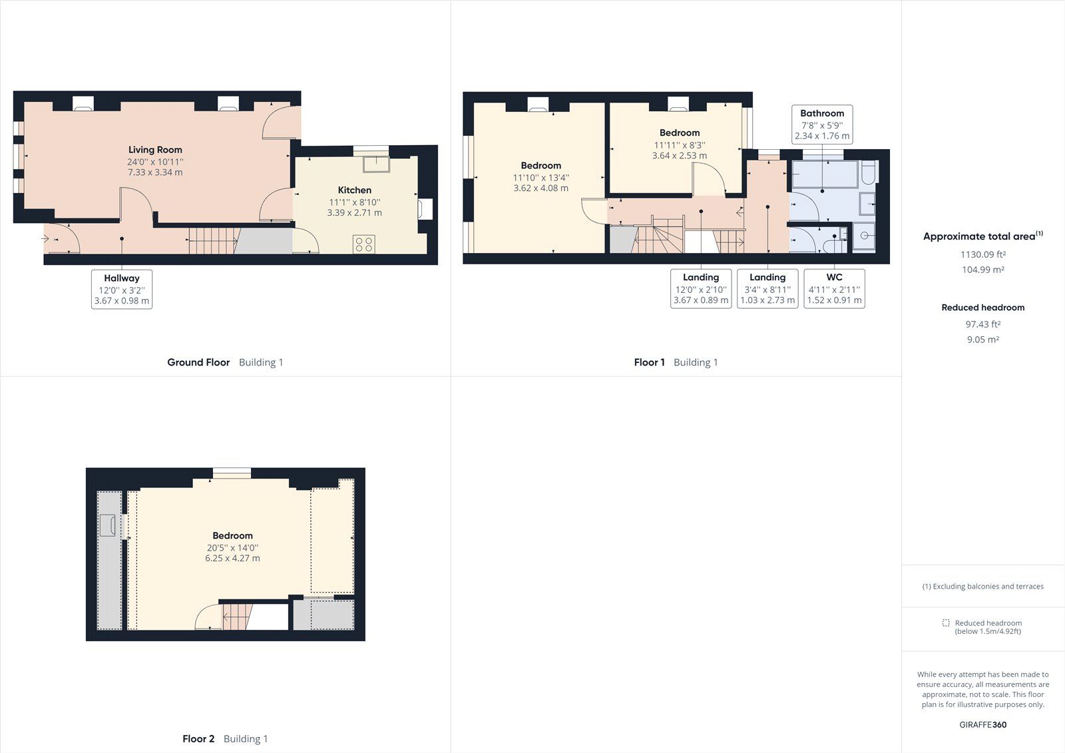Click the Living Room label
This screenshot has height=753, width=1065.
[x=155, y=150]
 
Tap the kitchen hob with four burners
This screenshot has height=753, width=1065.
[x=364, y=244]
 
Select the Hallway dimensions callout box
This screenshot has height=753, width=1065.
[x=122, y=289]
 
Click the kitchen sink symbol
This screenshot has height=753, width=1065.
[x=376, y=163]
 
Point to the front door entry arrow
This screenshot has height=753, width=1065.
[x=45, y=238]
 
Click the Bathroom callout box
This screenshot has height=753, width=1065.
[x=822, y=124]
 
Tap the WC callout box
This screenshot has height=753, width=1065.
[x=834, y=288]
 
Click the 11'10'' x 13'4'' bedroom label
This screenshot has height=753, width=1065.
[x=540, y=176]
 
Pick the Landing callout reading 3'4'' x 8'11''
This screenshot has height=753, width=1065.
[x=767, y=288]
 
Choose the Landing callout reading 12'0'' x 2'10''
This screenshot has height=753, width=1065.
[x=701, y=288]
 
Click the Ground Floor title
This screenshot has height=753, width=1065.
[x=198, y=362]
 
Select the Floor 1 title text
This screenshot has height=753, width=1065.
[x=649, y=362]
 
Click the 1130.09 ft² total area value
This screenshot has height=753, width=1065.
[x=982, y=254]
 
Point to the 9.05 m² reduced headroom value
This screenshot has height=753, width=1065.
[x=982, y=340]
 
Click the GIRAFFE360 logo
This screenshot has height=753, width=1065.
[x=982, y=724]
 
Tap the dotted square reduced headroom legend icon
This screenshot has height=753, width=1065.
[x=946, y=623]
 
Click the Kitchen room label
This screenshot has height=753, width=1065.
[x=354, y=190]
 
